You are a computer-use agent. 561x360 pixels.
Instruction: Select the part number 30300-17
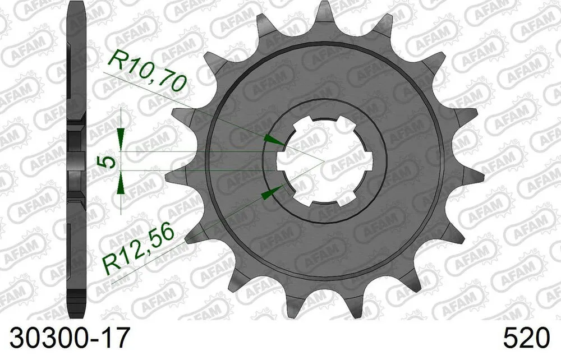[66, 339]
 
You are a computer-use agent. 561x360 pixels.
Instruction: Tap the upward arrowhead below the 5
[120, 186]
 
